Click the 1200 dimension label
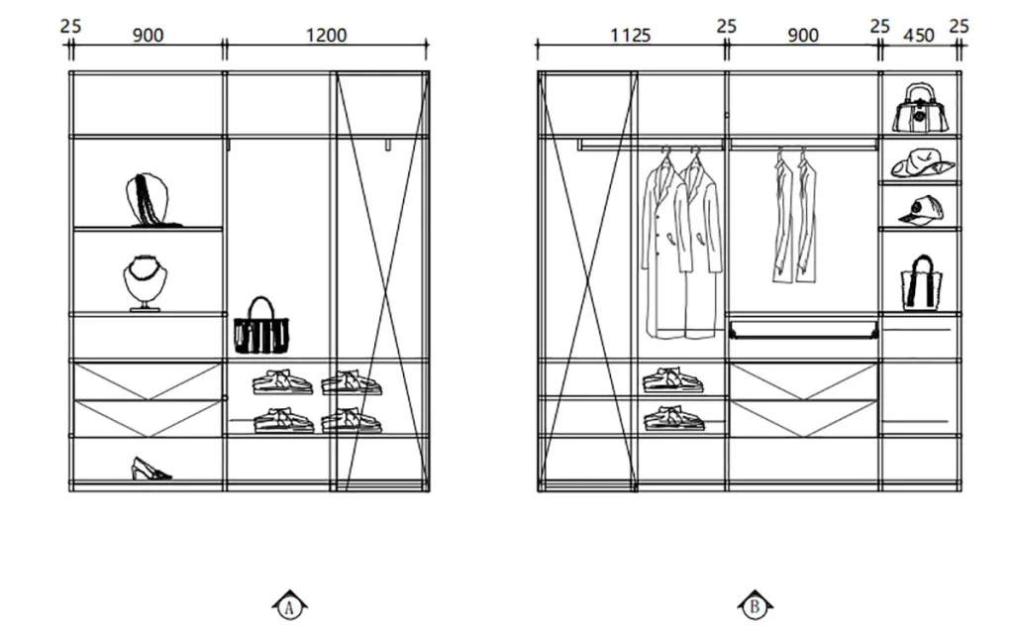coord(326,35)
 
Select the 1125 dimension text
coord(631,35)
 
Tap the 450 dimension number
coord(918,35)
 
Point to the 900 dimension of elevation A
coord(149,35)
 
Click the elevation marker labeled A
coord(290,606)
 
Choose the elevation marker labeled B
coord(755,606)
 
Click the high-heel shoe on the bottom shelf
coord(151,469)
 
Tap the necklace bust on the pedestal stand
coord(145,283)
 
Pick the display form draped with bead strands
coord(148,199)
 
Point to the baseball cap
coord(921,210)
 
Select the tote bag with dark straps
coord(922,283)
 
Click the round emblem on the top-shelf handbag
coord(919,117)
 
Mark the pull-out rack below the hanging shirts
coord(803,329)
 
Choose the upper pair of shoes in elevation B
coord(672,380)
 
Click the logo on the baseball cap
coord(916,208)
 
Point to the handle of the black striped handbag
coord(261,307)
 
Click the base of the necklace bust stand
coord(145,309)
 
